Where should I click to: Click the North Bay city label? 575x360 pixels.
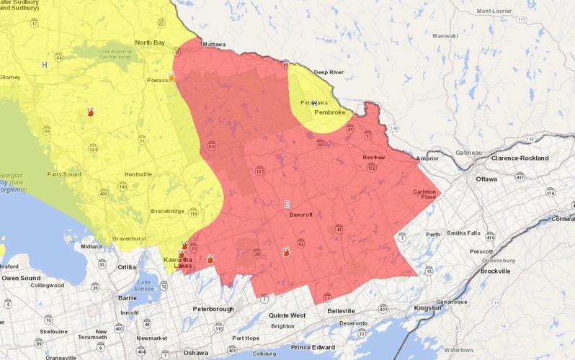click(x=150, y=42)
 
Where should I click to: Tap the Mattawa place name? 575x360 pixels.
click(x=212, y=44)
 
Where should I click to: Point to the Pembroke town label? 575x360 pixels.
click(x=329, y=112)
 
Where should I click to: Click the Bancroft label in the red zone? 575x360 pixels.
click(x=295, y=215)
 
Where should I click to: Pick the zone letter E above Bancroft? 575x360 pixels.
click(x=287, y=204)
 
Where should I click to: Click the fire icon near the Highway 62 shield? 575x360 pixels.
click(x=286, y=251)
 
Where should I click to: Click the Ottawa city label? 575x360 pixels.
click(x=487, y=179)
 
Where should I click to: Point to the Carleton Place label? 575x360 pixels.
click(x=424, y=195)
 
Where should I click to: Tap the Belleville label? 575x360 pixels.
click(x=341, y=310)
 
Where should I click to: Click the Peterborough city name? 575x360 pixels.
click(x=213, y=309)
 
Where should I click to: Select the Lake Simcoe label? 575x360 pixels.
click(x=147, y=285)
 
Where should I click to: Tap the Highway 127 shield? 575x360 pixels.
click(x=260, y=171)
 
